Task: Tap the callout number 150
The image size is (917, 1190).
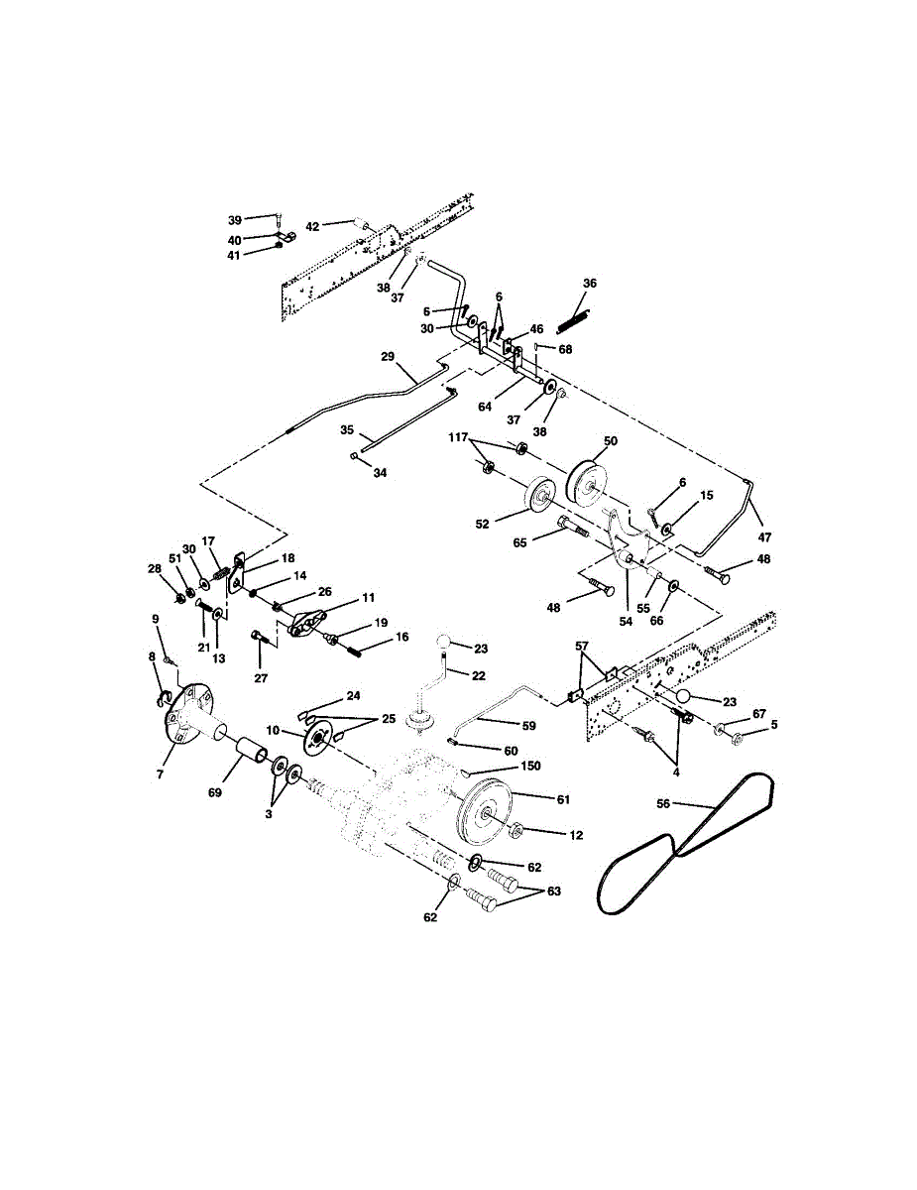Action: [530, 766]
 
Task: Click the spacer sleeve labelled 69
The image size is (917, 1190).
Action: [253, 752]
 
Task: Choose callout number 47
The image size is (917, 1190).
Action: [764, 537]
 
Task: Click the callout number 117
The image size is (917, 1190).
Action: [458, 437]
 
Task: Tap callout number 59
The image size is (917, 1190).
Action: [528, 726]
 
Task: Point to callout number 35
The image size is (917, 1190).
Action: [347, 430]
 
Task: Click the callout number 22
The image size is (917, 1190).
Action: [478, 675]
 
